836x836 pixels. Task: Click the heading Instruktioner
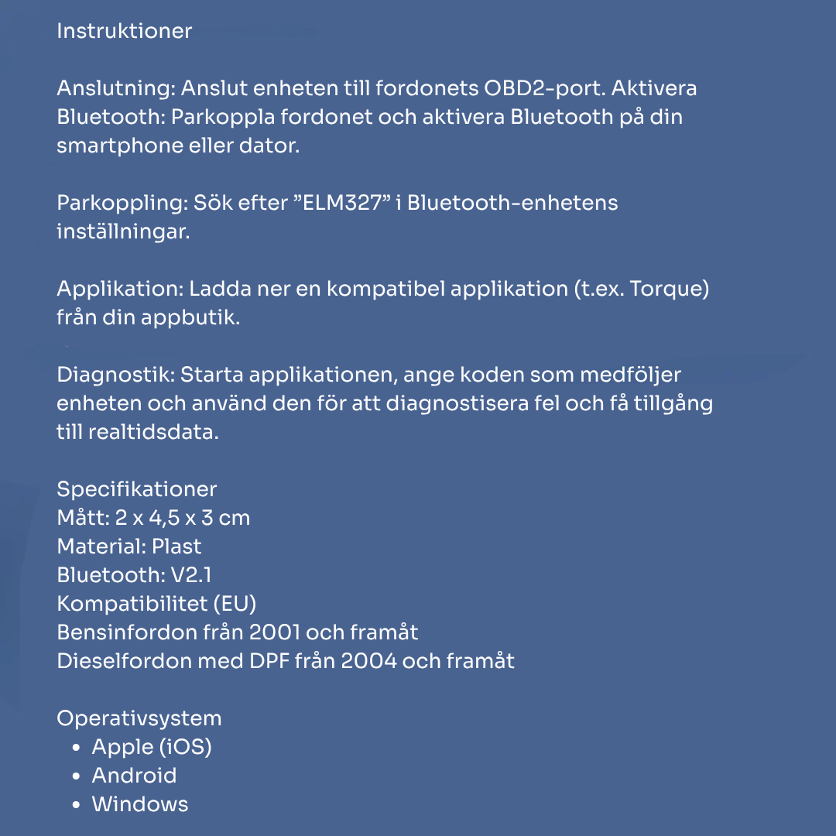(x=124, y=32)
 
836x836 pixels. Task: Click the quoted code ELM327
(x=342, y=203)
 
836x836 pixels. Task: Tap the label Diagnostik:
(x=115, y=375)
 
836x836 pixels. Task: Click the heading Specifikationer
(x=137, y=489)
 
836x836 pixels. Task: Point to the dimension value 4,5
(x=158, y=518)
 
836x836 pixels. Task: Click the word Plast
(x=176, y=546)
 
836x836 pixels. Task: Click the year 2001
(x=274, y=632)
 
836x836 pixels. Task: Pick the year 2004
(x=367, y=661)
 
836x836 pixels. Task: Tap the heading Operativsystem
(x=139, y=718)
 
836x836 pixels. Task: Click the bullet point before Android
(x=76, y=776)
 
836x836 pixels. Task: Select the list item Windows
(x=140, y=804)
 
